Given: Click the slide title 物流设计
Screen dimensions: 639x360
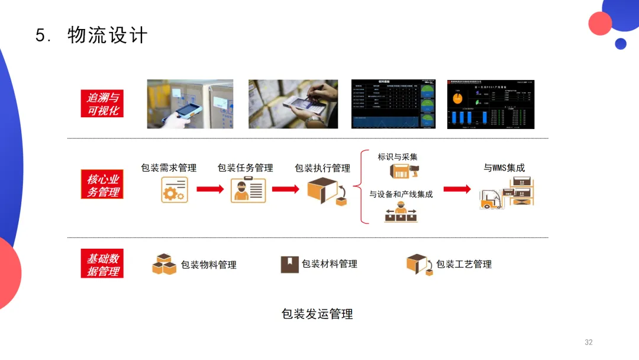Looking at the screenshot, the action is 107,36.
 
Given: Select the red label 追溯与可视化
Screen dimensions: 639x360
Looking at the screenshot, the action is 102,104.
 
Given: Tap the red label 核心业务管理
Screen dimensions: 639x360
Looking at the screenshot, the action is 102,185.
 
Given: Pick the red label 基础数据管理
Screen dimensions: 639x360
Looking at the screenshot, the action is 102,264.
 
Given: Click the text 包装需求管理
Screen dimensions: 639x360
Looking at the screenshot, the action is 169,168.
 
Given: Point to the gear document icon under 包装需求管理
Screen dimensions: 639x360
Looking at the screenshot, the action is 174,190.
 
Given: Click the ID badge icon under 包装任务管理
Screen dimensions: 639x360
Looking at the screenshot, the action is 248,190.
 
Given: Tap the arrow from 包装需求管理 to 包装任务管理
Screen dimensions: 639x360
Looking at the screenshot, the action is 210,189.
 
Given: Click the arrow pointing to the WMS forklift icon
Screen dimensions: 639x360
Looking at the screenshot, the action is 457,189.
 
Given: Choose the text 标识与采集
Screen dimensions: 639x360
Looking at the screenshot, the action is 398,157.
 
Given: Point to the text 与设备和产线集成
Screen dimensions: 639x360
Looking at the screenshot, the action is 401,194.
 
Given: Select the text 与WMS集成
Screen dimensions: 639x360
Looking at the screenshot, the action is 504,168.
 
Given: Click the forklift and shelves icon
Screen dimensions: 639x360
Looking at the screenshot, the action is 506,193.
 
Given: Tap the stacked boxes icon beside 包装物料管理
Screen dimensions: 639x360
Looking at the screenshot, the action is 164,264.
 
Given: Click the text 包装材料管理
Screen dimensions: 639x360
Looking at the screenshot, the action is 330,264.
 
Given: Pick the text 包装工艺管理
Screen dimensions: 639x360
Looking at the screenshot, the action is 464,264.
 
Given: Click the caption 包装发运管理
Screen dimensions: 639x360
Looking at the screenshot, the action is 317,314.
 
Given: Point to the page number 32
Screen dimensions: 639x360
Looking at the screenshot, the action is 588,342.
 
